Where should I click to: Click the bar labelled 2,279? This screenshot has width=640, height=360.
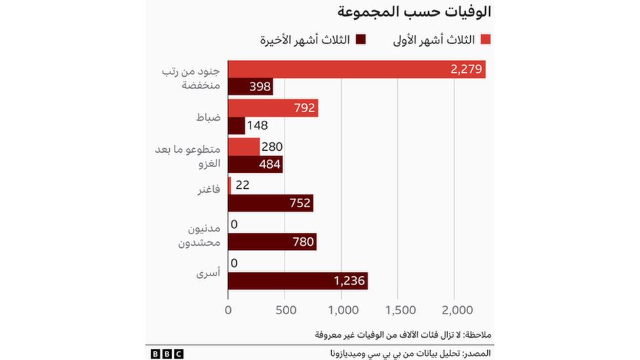(357, 69)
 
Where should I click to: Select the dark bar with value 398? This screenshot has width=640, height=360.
(250, 88)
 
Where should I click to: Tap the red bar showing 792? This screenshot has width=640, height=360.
(273, 108)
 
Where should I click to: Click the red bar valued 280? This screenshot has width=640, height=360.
(244, 146)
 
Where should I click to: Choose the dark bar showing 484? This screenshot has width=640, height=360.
(255, 165)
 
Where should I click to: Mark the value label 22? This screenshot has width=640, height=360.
(242, 185)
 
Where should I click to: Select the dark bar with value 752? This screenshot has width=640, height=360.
(271, 203)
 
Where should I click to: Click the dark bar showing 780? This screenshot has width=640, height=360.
(272, 242)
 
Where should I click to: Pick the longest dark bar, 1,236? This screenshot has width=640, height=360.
(298, 281)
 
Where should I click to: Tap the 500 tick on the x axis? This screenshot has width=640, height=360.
(285, 310)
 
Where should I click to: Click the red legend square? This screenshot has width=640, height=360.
(486, 39)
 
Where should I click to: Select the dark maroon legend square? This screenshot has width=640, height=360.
(360, 39)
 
